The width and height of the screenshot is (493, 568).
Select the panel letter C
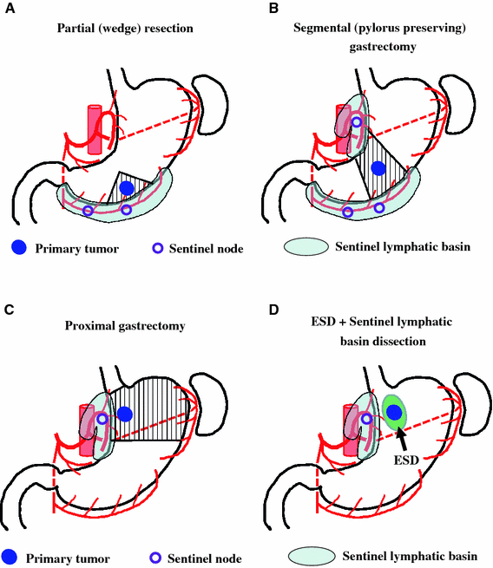8,305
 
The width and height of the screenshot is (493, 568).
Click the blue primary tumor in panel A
127,187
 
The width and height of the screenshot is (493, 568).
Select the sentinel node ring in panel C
102,419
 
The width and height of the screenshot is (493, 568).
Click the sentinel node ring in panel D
366,419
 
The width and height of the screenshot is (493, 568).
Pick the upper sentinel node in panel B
356,122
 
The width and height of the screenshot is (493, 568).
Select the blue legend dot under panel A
15,248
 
